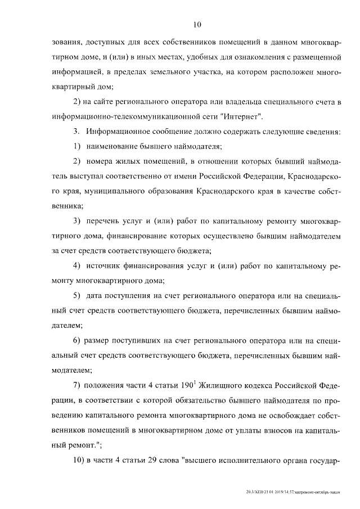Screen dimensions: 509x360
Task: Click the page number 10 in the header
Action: point(196,24)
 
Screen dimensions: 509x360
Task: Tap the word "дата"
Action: point(96,295)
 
